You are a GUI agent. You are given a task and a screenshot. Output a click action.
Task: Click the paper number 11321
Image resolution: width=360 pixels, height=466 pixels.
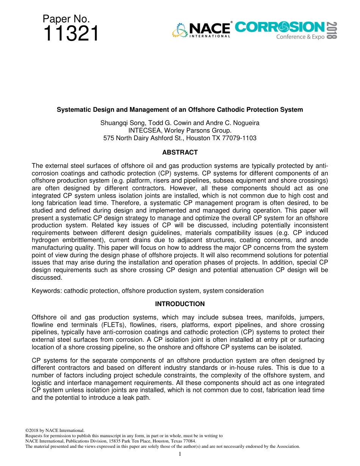coord(71,34)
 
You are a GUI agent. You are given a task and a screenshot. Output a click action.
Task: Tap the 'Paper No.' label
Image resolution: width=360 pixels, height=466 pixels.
coord(66,19)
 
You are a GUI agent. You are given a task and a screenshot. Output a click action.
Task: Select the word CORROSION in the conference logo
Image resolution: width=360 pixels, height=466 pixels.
coord(280,27)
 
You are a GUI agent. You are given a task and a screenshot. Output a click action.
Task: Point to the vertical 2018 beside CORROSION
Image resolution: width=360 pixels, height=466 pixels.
coord(332,30)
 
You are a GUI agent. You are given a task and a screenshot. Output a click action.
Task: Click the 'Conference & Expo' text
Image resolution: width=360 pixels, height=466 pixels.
coord(300,37)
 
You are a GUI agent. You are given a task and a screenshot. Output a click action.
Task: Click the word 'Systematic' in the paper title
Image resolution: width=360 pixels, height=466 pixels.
coord(72,110)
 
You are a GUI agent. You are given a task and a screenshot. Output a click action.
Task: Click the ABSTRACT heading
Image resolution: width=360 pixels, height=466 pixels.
coord(180,153)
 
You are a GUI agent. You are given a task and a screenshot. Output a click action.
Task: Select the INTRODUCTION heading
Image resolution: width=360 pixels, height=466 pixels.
coord(180,304)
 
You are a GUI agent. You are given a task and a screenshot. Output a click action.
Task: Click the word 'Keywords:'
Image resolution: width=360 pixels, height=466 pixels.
coord(47,291)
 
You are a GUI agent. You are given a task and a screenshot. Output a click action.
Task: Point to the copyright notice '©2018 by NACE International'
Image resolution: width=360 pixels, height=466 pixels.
coord(55,430)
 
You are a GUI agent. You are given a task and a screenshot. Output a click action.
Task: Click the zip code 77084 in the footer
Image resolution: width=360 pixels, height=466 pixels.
coord(189,441)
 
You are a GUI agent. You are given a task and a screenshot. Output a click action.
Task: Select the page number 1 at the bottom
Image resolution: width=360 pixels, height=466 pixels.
coord(180,454)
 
